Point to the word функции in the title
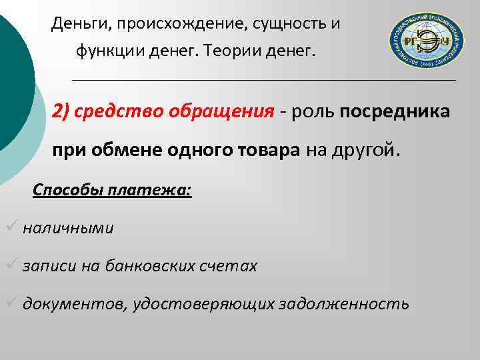coord(107,50)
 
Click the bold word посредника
coord(395,110)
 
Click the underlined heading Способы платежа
coord(112,190)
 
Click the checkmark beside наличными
coord(11,227)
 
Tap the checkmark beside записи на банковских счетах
coord(11,265)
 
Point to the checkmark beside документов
coord(11,303)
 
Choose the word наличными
coord(68,228)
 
